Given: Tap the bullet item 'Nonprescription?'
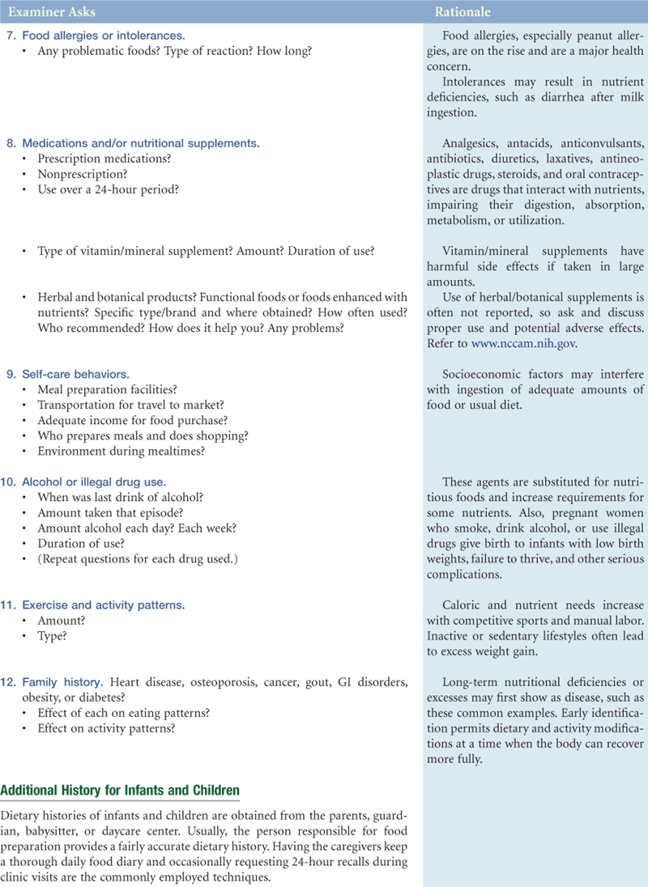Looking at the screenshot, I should (x=81, y=174).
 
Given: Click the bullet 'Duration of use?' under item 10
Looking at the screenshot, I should (x=81, y=544).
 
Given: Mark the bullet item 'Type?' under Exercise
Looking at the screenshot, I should (x=53, y=635).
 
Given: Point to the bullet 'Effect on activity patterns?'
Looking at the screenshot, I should (x=106, y=728).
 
